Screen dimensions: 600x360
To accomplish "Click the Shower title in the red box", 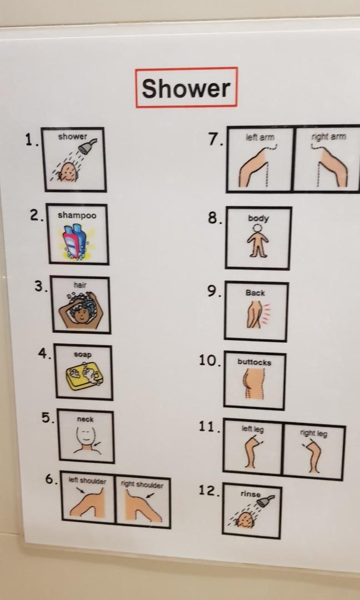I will click(x=186, y=88).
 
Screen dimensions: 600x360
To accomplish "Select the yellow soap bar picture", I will click(x=84, y=377).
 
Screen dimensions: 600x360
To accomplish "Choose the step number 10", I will click(x=210, y=361).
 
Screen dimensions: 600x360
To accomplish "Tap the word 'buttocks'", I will click(x=254, y=362).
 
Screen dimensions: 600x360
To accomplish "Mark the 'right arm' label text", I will click(x=328, y=137).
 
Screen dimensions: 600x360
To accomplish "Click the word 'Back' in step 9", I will click(x=255, y=293).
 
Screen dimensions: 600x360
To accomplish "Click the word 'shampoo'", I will click(x=77, y=216).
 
